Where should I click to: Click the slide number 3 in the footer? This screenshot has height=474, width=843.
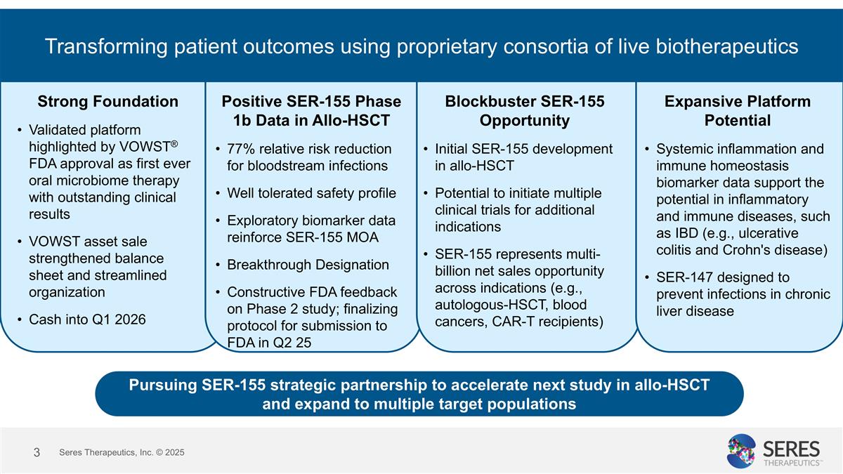(x=37, y=452)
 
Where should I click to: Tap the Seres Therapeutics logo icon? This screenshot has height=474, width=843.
(x=741, y=451)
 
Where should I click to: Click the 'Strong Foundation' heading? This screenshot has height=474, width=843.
(x=107, y=101)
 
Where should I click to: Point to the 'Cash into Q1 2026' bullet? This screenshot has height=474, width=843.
(x=87, y=320)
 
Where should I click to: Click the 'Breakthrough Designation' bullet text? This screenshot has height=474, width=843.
(x=308, y=265)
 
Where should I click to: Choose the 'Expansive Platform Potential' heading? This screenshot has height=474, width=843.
(x=737, y=110)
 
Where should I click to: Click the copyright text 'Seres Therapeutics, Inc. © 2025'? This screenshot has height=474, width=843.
(x=122, y=453)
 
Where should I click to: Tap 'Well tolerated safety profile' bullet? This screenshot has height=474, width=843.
(x=311, y=193)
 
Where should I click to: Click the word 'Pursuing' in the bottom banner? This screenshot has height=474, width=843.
(x=161, y=385)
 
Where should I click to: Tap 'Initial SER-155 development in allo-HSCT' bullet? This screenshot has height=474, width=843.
(x=523, y=157)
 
